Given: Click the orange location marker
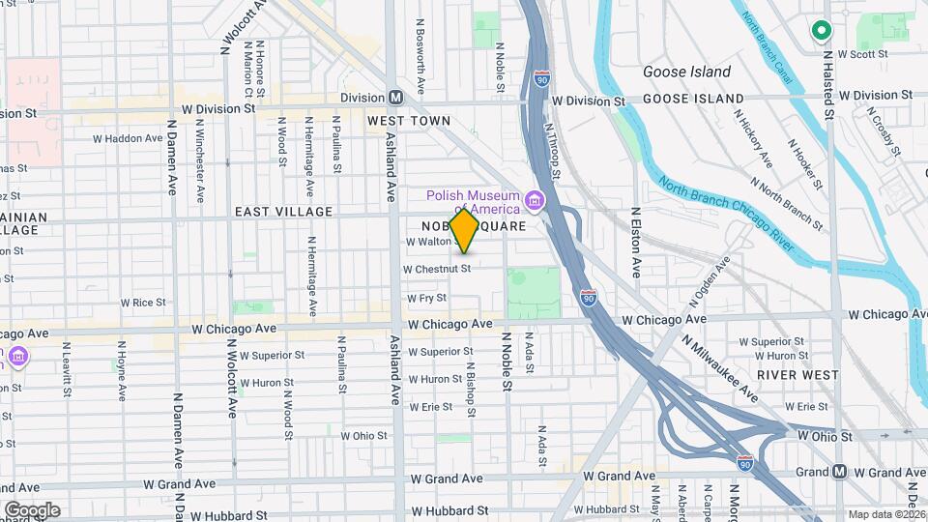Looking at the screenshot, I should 465,230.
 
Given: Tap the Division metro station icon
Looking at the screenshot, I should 396,98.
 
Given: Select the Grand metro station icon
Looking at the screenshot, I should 839,472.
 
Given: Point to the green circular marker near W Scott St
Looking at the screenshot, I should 821,31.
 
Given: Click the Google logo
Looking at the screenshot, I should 32,509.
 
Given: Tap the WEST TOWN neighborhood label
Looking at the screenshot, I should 409,121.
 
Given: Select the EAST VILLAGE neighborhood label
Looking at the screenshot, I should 283,211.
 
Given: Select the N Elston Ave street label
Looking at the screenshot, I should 636,242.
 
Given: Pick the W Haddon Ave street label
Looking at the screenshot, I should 128,138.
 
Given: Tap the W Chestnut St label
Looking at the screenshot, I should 436,269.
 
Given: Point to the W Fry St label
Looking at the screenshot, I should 426,299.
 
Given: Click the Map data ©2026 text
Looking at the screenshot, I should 885,514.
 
